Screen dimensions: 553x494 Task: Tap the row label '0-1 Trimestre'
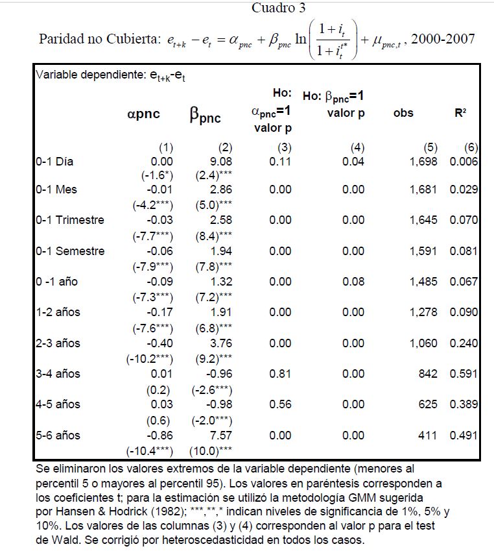click(70, 220)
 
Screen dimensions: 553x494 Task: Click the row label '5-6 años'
click(58, 436)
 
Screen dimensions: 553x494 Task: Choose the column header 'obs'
click(403, 113)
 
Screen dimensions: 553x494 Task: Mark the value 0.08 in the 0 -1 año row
click(354, 282)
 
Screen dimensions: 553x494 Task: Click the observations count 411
click(427, 436)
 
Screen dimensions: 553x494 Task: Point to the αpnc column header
click(143, 114)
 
